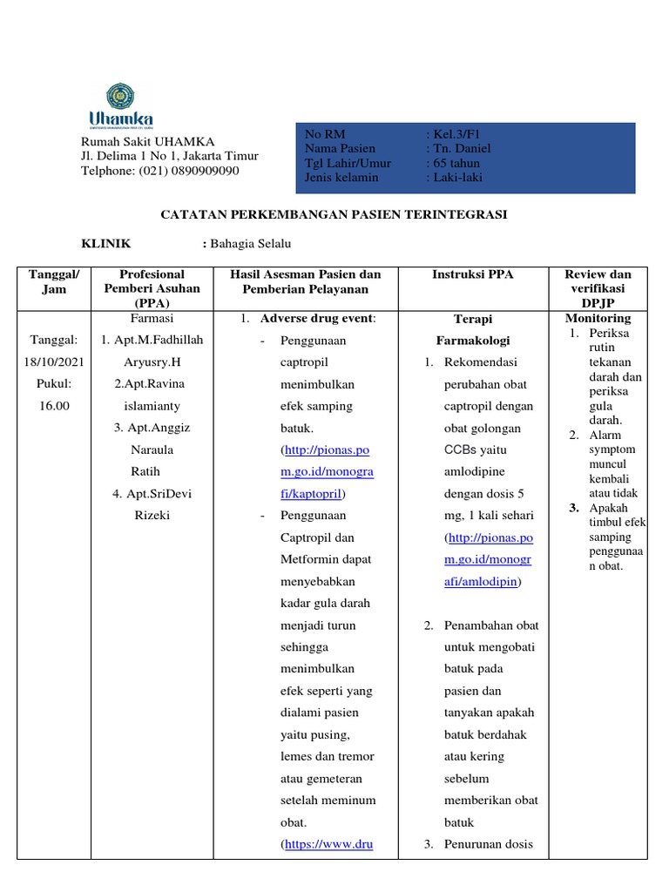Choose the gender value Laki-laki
(x=457, y=177)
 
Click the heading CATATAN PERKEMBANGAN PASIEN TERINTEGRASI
(x=334, y=214)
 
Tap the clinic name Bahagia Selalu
(x=250, y=244)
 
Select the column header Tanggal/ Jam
(x=54, y=281)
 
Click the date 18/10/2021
(x=54, y=362)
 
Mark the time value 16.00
(x=54, y=405)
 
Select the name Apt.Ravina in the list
(x=152, y=383)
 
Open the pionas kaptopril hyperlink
(x=328, y=471)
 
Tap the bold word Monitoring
(x=598, y=318)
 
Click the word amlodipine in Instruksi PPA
(x=476, y=471)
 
